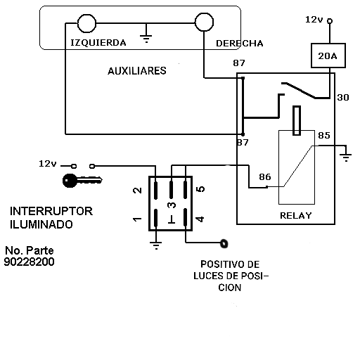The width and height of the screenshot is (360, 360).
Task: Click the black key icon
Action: click(82, 181)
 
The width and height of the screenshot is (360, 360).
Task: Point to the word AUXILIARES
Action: click(137, 71)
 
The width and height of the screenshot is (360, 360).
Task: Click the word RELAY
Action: click(296, 215)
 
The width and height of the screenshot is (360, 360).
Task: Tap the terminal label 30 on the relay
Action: click(343, 97)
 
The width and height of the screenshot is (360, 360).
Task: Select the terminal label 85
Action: click(324, 135)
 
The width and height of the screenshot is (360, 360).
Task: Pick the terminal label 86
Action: click(265, 176)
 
